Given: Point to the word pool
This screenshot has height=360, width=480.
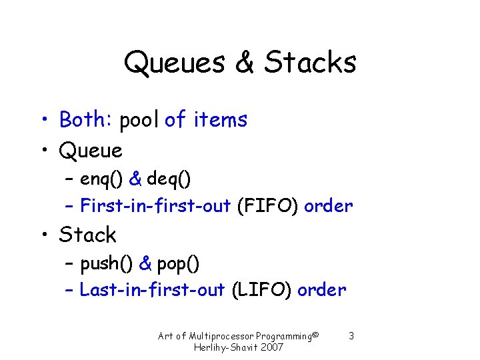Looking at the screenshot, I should (x=139, y=120).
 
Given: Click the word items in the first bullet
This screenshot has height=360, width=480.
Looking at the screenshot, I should (x=220, y=120).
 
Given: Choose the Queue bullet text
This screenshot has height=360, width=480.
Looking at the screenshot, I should (x=91, y=151).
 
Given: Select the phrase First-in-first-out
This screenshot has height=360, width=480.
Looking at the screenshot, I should (x=155, y=206).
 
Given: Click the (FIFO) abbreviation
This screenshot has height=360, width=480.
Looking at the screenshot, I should (x=267, y=206).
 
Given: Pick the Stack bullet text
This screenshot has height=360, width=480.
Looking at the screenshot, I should (x=87, y=235).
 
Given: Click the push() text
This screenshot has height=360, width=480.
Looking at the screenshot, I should (x=107, y=264).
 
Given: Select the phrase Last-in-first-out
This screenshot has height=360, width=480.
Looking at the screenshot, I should (x=152, y=290).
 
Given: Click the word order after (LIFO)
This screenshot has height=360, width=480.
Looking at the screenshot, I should (x=322, y=290).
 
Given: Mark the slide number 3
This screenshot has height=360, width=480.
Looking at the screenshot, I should (x=351, y=335).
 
